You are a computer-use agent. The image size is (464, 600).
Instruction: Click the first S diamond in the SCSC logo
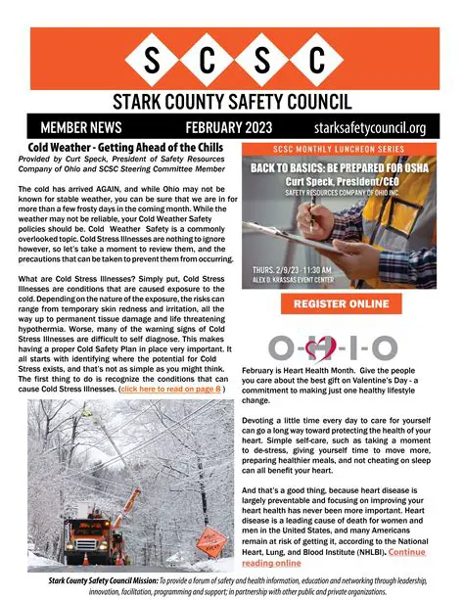(151, 62)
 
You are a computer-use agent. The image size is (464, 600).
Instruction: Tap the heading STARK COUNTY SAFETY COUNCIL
(232, 102)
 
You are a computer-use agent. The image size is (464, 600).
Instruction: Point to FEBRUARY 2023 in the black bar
(227, 128)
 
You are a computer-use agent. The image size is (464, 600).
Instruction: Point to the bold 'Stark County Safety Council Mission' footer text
(105, 580)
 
